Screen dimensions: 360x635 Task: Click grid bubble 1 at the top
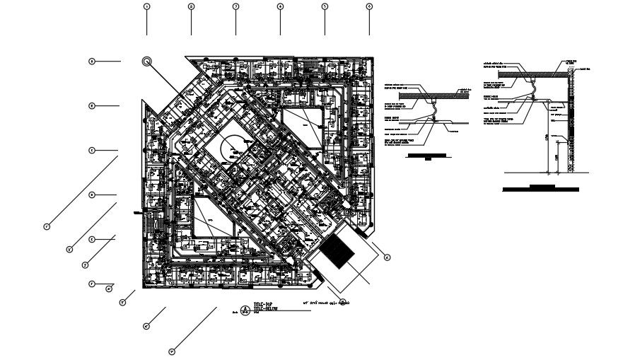point(147,6)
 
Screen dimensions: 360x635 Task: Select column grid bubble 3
point(235,6)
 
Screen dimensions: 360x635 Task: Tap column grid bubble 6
point(369,6)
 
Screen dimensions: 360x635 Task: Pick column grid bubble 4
point(280,6)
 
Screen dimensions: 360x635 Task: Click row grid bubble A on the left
point(92,62)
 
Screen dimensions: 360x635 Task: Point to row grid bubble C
point(92,151)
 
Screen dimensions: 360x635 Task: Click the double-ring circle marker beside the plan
point(147,62)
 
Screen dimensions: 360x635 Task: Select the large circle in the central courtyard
point(235,149)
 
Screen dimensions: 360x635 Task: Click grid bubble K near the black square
point(387,258)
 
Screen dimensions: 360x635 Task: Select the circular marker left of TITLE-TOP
point(245,310)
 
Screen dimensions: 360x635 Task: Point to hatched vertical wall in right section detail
point(573,120)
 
